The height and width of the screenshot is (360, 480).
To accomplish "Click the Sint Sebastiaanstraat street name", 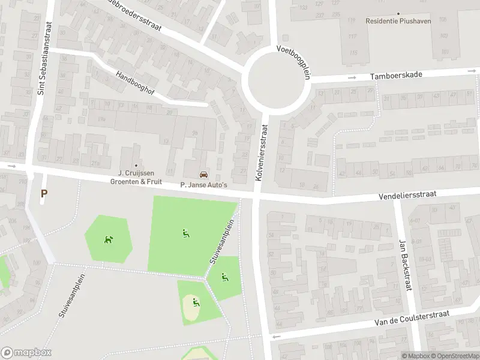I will [41, 58].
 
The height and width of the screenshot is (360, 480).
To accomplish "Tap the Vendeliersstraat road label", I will [407, 195].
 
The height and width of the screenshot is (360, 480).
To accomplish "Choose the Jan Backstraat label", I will [404, 265].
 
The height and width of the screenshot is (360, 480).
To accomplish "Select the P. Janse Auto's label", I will [204, 185].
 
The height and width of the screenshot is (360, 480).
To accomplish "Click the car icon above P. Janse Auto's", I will [204, 175].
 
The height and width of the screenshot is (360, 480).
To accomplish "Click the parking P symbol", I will [43, 193].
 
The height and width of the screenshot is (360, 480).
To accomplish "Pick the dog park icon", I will [108, 239].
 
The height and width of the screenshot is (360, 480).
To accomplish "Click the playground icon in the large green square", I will [185, 233].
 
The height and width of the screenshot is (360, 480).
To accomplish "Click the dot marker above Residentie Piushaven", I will [398, 13].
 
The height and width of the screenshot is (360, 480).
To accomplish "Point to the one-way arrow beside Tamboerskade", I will [353, 77].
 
